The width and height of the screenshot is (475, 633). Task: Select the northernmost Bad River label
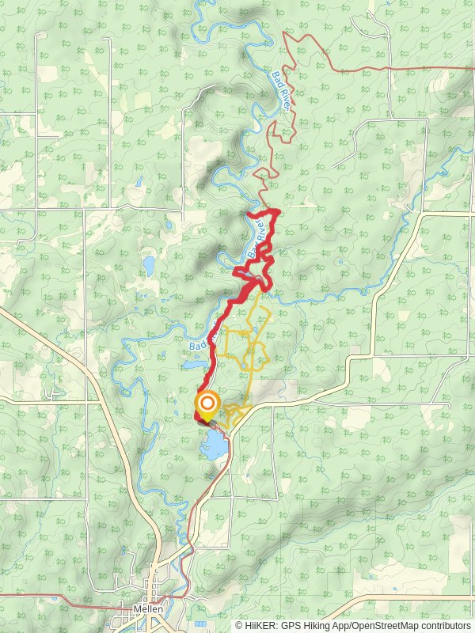pyautogui.click(x=281, y=88)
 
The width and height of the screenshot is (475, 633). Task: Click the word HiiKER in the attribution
pyautogui.click(x=259, y=625)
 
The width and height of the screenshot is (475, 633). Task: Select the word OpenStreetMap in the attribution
pyautogui.click(x=382, y=625)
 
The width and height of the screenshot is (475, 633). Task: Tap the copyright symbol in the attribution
pyautogui.click(x=238, y=625)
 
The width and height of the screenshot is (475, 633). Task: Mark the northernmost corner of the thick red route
pyautogui.click(x=275, y=210)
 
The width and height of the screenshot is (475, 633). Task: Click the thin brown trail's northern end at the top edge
pyautogui.click(x=286, y=34)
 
